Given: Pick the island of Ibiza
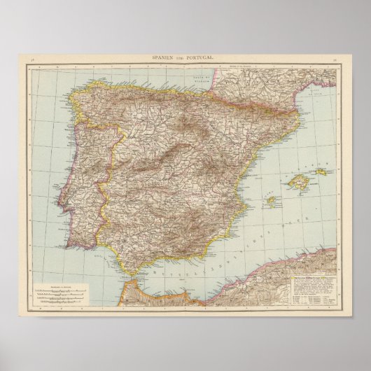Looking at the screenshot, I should pyautogui.click(x=269, y=201).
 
